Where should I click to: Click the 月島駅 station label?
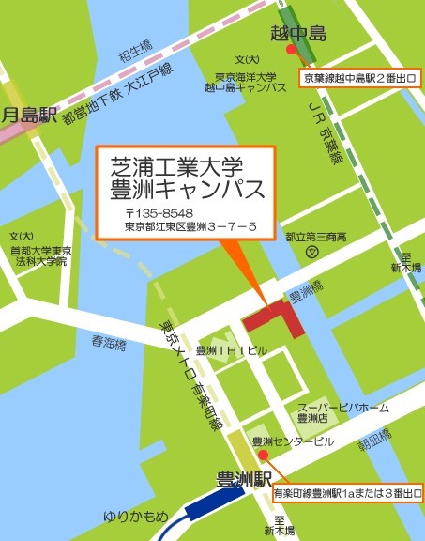click(x=31, y=116)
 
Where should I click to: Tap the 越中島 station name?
click(x=305, y=34)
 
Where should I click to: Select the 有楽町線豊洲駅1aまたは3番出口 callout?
click(x=346, y=490)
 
